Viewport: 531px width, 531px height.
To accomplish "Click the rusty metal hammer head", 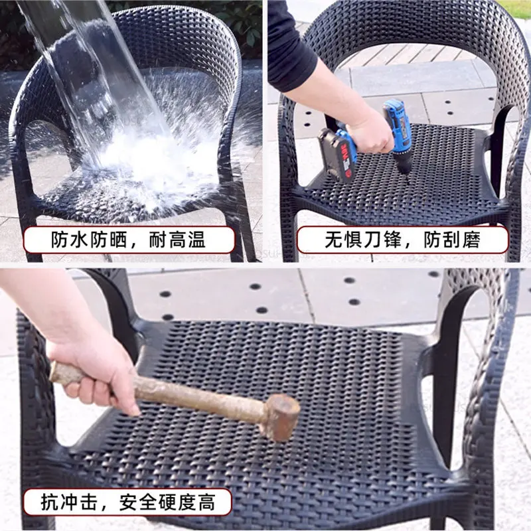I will point(280,416).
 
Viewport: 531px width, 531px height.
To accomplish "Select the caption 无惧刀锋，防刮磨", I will point(402,240).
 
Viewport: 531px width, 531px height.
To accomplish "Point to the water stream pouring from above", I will point(86,66).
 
